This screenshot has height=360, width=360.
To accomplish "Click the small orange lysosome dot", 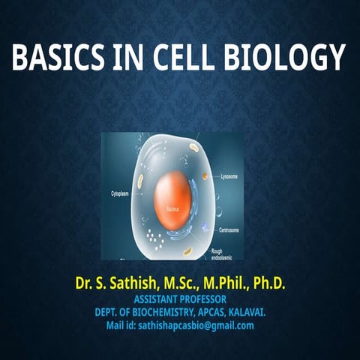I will [204, 178].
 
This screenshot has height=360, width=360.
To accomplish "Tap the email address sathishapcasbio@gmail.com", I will [196, 325].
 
